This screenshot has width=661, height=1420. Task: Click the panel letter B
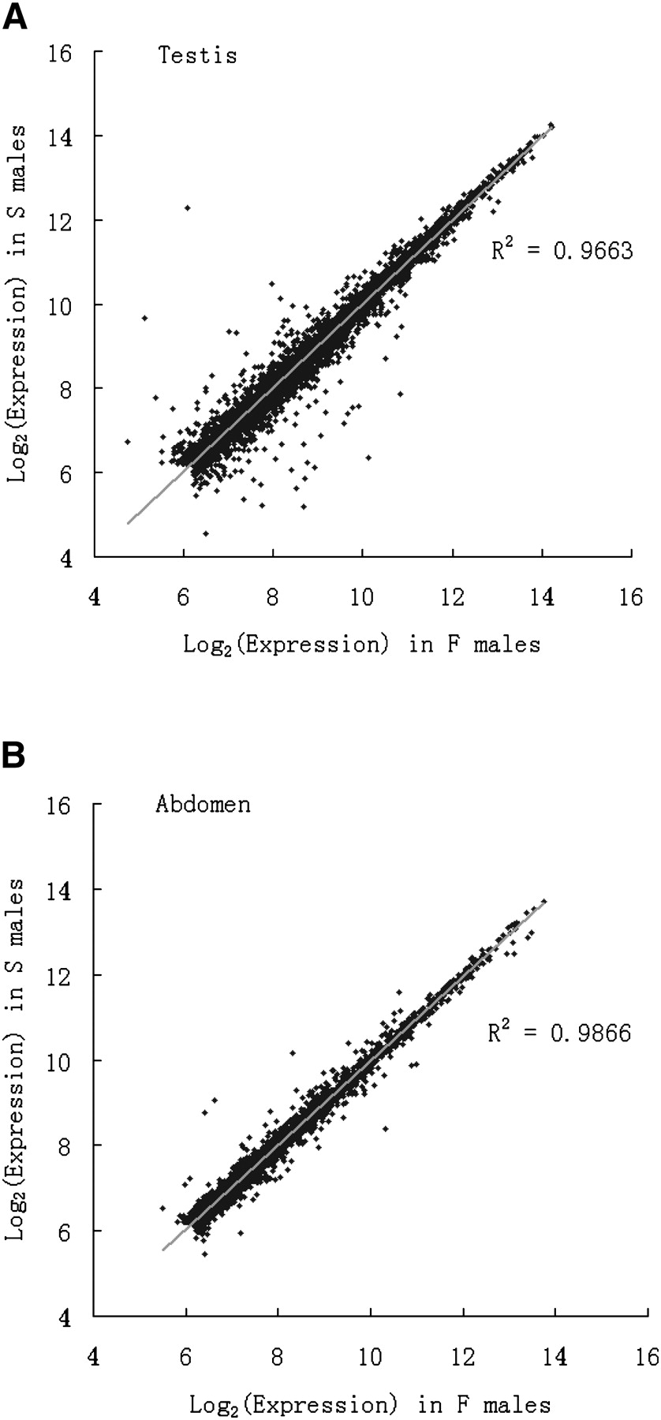click(16, 756)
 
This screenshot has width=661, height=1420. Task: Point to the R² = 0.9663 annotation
click(562, 251)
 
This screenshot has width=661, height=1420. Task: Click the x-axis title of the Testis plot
click(362, 645)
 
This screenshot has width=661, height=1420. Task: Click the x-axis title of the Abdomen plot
click(369, 1404)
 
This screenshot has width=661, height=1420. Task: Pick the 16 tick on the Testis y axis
click(60, 54)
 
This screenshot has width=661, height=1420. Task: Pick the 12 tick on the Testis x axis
click(452, 597)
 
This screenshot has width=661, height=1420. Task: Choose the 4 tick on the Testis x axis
click(95, 597)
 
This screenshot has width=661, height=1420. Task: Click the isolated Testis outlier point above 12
click(187, 207)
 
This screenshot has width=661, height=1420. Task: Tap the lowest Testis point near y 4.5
click(206, 534)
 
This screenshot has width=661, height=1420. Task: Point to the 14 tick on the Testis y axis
click(60, 137)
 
